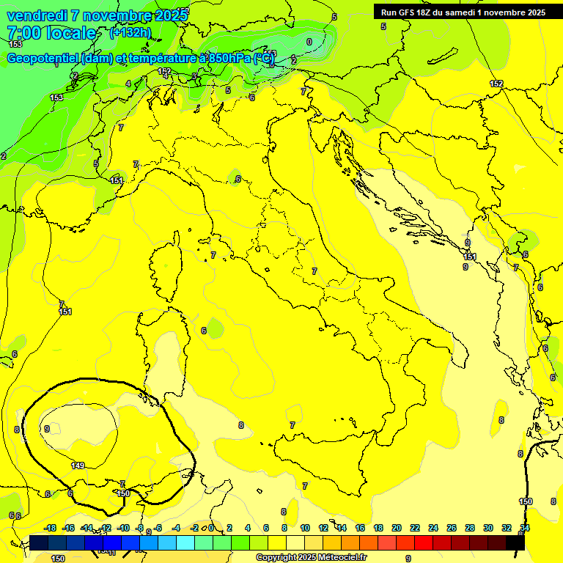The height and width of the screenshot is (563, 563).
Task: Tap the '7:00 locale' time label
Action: (x=51, y=33)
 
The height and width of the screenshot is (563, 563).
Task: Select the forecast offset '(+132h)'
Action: (x=130, y=32)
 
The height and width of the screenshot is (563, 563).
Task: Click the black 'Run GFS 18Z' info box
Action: (x=463, y=12)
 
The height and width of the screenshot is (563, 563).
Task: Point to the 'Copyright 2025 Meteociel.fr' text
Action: (x=311, y=558)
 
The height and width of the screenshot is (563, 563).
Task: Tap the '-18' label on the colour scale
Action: (x=50, y=528)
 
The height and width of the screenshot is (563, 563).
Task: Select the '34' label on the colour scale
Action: (x=525, y=528)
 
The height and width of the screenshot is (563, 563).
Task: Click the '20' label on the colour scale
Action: (x=397, y=528)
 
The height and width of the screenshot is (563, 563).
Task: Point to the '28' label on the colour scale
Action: (x=470, y=528)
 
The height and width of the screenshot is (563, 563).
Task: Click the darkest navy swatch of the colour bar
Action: (x=40, y=542)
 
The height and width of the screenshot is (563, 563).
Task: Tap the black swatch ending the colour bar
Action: (x=515, y=542)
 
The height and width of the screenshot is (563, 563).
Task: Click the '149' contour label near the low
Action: (x=78, y=466)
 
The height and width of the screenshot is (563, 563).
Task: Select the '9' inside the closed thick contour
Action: (x=47, y=429)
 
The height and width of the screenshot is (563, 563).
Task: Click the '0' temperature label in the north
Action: (x=309, y=42)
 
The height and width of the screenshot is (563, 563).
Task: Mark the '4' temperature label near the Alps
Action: (x=128, y=84)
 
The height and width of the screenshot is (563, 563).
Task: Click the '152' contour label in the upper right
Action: (x=496, y=84)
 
